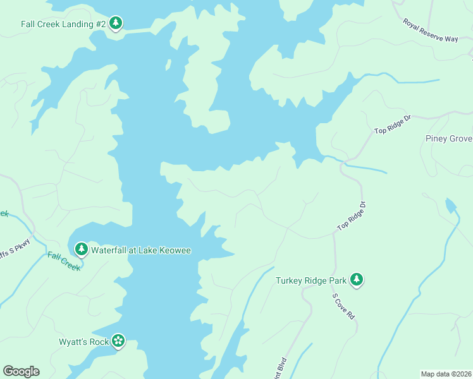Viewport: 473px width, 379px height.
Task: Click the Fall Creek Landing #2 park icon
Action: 115,24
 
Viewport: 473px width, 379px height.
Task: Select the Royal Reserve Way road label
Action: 430,30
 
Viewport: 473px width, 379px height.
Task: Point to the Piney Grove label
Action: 448,138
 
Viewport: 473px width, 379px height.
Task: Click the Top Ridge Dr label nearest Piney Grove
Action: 393,124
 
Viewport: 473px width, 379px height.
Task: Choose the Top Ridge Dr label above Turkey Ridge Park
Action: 352,216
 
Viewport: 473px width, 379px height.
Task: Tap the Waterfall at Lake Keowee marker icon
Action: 81,250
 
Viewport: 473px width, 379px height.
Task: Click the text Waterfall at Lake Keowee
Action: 141,250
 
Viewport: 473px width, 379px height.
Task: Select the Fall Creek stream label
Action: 64,261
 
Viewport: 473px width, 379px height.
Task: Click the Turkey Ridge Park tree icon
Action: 357,279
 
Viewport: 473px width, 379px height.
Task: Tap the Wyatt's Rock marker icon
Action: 118,341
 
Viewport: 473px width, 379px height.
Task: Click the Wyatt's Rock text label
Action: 83,342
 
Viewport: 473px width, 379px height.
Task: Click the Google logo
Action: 21,371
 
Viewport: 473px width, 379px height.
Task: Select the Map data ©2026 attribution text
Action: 446,374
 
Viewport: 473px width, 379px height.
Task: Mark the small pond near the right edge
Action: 450,205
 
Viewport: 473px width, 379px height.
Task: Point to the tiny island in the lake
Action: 169,64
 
